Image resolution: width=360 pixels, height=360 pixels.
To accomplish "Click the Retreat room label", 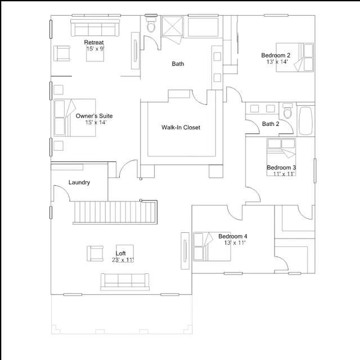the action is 94,42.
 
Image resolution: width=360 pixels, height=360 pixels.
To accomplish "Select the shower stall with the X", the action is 173,26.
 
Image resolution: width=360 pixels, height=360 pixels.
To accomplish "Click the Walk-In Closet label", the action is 181,128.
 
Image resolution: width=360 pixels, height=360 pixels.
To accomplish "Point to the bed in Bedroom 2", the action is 295,57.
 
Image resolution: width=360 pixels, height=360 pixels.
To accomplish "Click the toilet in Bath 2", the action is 287,111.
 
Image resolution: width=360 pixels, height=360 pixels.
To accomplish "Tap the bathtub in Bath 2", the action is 306,120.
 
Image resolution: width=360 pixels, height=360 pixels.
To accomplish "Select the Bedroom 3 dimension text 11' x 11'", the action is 283,174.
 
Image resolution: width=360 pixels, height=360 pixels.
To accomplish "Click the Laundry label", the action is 79,182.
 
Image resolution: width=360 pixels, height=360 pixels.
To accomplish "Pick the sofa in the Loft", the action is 125,282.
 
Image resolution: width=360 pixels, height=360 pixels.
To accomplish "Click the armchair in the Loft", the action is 95,254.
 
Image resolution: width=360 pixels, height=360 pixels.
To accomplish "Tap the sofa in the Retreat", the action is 95,28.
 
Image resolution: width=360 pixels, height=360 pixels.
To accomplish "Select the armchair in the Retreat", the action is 62,53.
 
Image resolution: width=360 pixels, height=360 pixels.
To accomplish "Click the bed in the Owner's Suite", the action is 75,118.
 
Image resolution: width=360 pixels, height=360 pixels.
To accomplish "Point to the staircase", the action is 115,212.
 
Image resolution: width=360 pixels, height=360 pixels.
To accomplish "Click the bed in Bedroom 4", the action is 212,246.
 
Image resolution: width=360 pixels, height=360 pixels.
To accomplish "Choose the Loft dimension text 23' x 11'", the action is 123,260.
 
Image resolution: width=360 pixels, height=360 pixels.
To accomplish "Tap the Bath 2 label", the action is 271,124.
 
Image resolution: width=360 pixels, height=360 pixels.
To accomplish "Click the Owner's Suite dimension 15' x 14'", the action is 96,123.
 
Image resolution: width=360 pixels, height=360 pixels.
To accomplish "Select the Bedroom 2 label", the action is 276,55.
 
